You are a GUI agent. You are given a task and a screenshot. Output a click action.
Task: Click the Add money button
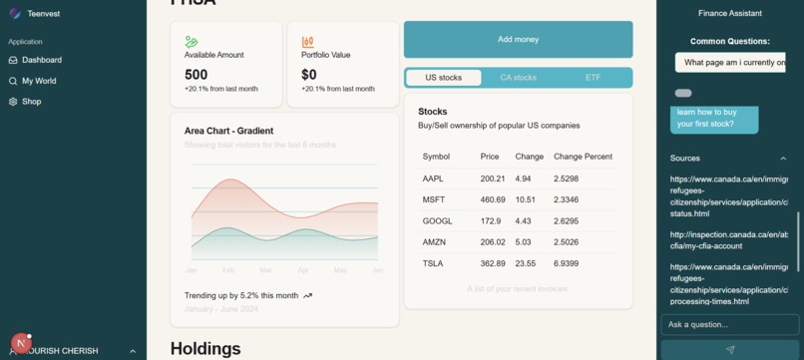tap(518, 40)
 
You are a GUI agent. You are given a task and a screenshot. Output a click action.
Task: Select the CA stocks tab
tap(518, 78)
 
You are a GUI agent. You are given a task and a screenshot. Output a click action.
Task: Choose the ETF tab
tap(593, 78)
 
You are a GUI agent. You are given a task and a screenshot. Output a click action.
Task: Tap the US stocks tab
tap(443, 78)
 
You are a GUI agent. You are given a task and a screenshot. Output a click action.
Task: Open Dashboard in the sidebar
tap(41, 60)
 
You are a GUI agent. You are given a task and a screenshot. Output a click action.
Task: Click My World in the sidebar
tap(39, 81)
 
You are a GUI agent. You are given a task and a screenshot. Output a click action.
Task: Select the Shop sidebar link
tap(31, 102)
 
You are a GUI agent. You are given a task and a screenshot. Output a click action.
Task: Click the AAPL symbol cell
tap(433, 180)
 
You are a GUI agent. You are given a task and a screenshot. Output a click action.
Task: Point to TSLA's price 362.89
tap(493, 264)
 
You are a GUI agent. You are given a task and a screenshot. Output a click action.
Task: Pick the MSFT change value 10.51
tap(525, 200)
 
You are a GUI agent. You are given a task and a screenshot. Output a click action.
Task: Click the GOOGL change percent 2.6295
tap(566, 221)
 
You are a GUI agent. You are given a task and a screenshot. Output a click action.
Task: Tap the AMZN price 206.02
tap(493, 242)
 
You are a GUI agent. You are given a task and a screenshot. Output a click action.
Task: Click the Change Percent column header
tap(583, 157)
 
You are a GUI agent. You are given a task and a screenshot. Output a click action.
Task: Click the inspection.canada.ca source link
tap(728, 240)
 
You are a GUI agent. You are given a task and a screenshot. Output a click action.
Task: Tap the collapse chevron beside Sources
tap(783, 159)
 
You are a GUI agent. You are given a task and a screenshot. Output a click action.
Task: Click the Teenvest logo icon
tap(15, 14)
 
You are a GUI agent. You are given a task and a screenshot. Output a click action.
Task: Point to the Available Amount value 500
tap(197, 75)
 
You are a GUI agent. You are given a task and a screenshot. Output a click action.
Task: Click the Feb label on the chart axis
tap(228, 270)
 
